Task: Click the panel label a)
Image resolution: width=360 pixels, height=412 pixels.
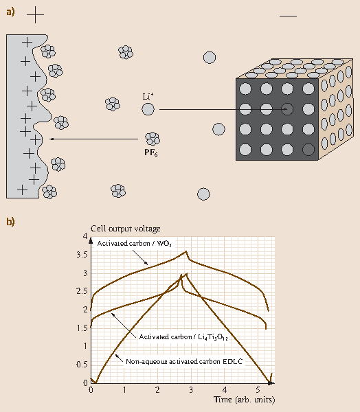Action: (x=10, y=12)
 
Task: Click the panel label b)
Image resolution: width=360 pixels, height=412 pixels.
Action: (x=10, y=222)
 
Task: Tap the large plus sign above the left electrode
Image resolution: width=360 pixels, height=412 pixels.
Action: (x=35, y=15)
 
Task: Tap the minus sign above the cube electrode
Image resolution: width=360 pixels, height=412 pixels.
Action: (x=289, y=16)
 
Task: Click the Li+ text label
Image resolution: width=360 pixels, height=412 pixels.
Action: (x=148, y=96)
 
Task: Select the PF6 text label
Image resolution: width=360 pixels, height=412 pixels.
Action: (x=151, y=152)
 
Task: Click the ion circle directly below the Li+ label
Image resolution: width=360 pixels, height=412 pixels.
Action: (x=148, y=109)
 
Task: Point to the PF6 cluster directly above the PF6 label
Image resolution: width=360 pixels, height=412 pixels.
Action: (x=153, y=139)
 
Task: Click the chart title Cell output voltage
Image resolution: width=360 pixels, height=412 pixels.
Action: (x=126, y=229)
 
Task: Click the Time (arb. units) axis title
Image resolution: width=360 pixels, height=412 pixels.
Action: (x=245, y=400)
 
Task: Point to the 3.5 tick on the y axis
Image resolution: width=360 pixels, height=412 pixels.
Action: (x=82, y=255)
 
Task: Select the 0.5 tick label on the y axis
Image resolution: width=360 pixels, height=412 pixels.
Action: (x=82, y=365)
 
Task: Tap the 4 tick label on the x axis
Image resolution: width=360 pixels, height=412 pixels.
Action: (x=225, y=389)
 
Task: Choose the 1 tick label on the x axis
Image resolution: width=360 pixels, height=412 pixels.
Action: (x=124, y=389)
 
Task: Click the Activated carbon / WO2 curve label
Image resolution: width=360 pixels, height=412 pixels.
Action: (x=135, y=244)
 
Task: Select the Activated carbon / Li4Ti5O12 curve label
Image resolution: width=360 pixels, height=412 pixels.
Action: (x=183, y=337)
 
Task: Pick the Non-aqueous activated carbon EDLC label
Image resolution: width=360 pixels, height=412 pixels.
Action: (x=184, y=362)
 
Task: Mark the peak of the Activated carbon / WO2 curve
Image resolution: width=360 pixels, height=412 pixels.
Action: (x=186, y=251)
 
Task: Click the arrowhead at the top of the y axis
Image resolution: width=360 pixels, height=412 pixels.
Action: (x=91, y=240)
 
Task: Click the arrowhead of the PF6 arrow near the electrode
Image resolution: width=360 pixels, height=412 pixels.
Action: (x=52, y=139)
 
